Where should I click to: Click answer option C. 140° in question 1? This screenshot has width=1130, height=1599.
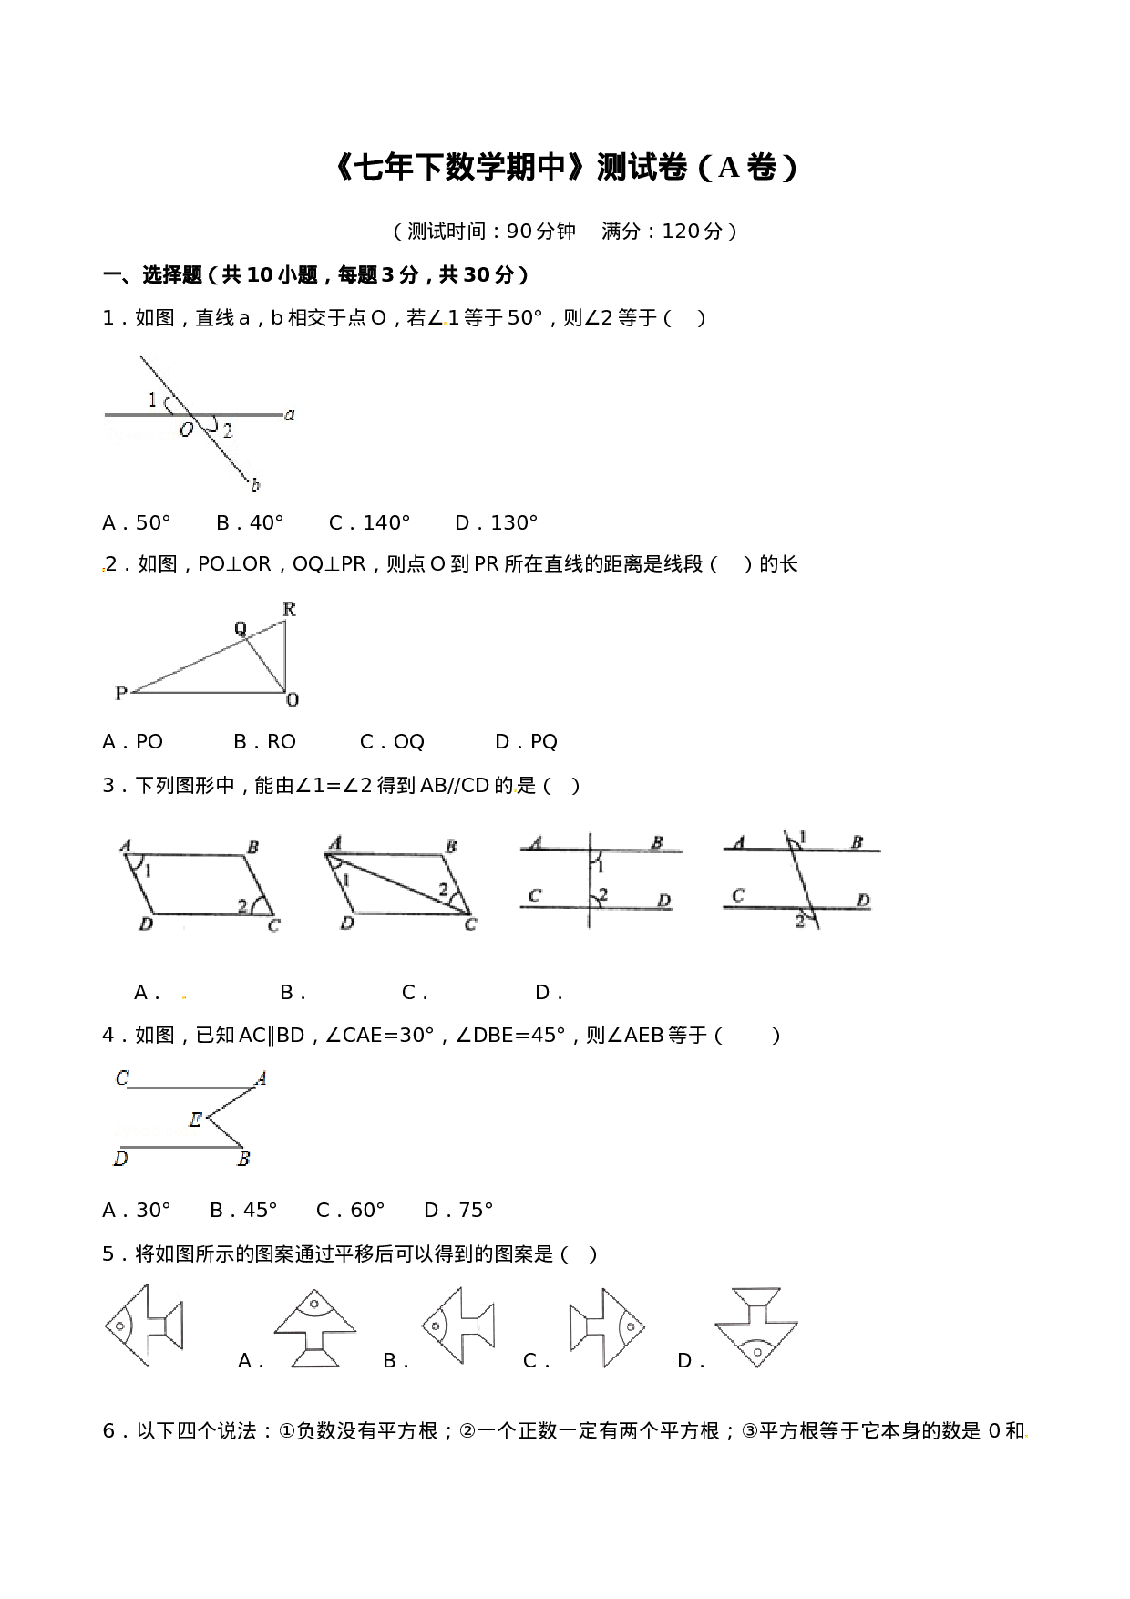pos(369,523)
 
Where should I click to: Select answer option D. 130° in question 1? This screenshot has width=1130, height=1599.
pos(497,523)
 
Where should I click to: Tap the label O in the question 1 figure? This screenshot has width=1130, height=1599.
pos(186,429)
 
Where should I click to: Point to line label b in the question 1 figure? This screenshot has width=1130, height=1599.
pos(255,486)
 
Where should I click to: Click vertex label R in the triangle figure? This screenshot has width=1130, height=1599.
pos(289,609)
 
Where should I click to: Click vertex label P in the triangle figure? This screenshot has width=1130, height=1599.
pos(120,694)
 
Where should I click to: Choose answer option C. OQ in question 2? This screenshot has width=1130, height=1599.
pos(392,742)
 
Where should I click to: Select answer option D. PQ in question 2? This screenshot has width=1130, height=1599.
pos(526,742)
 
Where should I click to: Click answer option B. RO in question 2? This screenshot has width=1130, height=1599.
pos(264,742)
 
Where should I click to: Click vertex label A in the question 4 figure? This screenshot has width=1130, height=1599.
pos(261,1079)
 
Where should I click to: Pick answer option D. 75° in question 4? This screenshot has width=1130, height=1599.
pos(458,1211)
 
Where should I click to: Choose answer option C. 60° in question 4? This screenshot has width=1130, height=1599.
pos(351,1211)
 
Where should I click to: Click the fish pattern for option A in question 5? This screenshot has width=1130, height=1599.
pos(315,1327)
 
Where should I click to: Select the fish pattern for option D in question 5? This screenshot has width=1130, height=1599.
pos(756,1326)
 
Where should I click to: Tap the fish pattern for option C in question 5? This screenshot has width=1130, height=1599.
pos(608,1327)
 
